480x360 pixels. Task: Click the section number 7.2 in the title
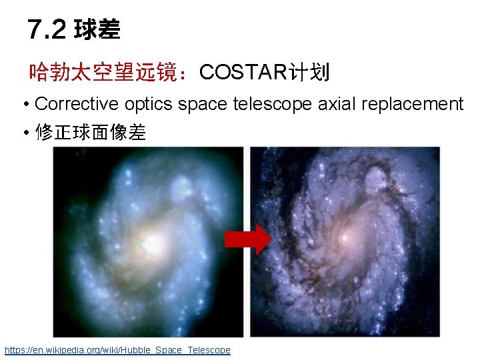47,29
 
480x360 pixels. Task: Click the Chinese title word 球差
97,29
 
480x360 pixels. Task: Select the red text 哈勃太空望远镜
109,72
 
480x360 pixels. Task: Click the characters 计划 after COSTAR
307,72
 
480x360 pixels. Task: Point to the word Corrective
69,104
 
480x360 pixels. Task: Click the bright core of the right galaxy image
344,237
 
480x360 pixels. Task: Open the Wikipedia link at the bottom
117,350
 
